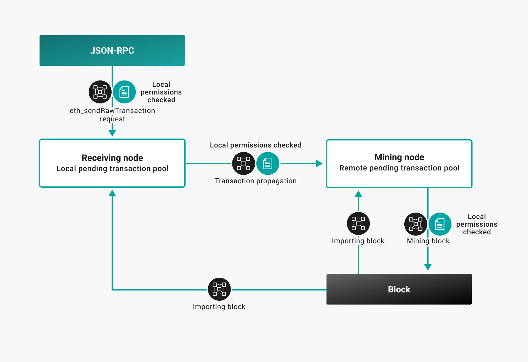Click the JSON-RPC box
click(x=112, y=50)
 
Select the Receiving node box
click(x=112, y=163)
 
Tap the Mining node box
click(x=399, y=163)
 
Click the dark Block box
click(x=399, y=289)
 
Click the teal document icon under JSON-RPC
click(x=124, y=92)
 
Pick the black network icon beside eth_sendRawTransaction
click(x=100, y=92)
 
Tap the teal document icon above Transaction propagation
click(x=268, y=163)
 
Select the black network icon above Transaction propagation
click(x=244, y=163)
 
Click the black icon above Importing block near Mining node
click(x=358, y=223)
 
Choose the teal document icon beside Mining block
click(x=440, y=224)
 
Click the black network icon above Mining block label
click(x=416, y=224)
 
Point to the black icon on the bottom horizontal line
click(x=219, y=289)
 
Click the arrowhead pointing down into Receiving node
click(x=112, y=133)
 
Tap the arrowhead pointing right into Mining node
click(x=319, y=163)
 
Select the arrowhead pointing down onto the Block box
click(x=428, y=267)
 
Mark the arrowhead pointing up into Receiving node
click(x=112, y=193)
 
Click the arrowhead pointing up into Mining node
click(x=358, y=194)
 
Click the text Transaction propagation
click(x=255, y=181)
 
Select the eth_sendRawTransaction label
click(x=112, y=111)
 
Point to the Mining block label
click(x=428, y=241)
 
